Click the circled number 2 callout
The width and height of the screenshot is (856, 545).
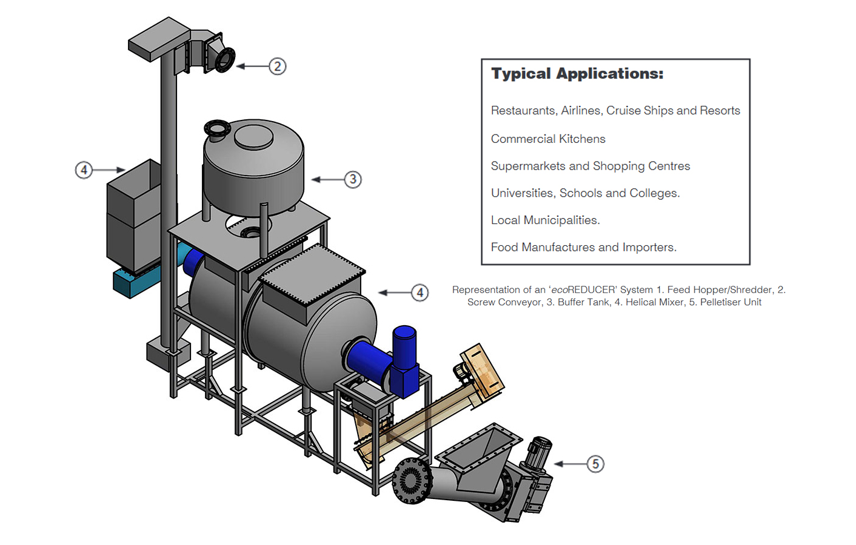click(277, 66)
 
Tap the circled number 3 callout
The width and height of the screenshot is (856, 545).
click(353, 179)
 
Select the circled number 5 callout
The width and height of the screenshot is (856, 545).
click(595, 464)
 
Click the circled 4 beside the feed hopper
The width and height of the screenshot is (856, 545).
click(84, 170)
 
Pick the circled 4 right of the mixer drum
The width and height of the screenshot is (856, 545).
click(420, 292)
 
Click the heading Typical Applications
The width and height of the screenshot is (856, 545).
click(577, 74)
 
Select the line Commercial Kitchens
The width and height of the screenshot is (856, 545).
click(548, 139)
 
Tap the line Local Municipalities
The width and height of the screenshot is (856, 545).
click(545, 220)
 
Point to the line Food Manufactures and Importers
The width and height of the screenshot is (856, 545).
click(583, 247)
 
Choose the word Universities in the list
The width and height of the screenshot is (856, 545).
click(523, 193)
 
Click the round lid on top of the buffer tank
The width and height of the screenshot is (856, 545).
click(253, 136)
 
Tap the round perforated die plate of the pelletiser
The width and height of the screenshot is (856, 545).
click(411, 481)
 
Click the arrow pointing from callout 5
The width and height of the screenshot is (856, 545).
click(569, 464)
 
